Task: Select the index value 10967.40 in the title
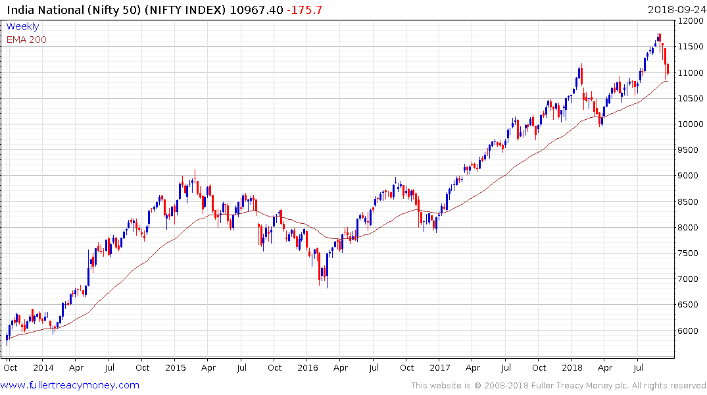[261, 9]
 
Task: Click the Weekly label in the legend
[22, 26]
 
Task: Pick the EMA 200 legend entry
[26, 39]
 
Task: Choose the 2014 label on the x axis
[43, 368]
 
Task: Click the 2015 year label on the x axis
[176, 368]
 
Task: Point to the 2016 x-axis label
[308, 368]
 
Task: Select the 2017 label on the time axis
[440, 368]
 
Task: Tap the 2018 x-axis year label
[572, 368]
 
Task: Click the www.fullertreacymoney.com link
[70, 385]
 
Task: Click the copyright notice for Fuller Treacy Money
[558, 385]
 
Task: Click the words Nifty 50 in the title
[106, 9]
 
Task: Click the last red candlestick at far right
[668, 69]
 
